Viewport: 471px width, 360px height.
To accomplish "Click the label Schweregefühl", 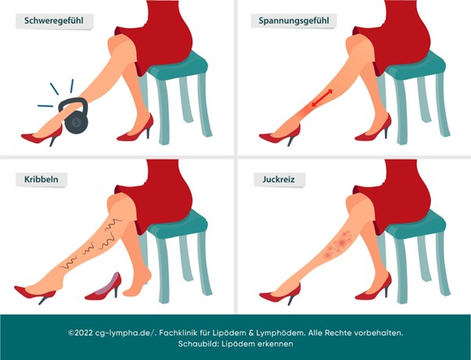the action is coord(54,20).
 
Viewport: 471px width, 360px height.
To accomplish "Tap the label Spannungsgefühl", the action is coord(293,20).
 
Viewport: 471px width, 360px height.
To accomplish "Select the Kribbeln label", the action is coord(41,179).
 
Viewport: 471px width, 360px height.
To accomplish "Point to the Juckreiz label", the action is coord(279,179).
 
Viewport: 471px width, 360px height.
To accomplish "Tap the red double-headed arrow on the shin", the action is coord(322,98).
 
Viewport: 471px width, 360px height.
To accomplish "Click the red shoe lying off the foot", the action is coord(103,287).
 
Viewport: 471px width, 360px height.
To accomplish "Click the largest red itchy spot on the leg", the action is coord(342,243).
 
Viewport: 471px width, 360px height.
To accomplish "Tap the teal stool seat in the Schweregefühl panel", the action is coord(178,66).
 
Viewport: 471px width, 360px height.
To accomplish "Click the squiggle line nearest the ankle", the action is coord(69,263).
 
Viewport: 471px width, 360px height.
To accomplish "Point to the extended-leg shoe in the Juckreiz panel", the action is coord(280,293).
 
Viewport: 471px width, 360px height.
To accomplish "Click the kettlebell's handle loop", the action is coord(73,104).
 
